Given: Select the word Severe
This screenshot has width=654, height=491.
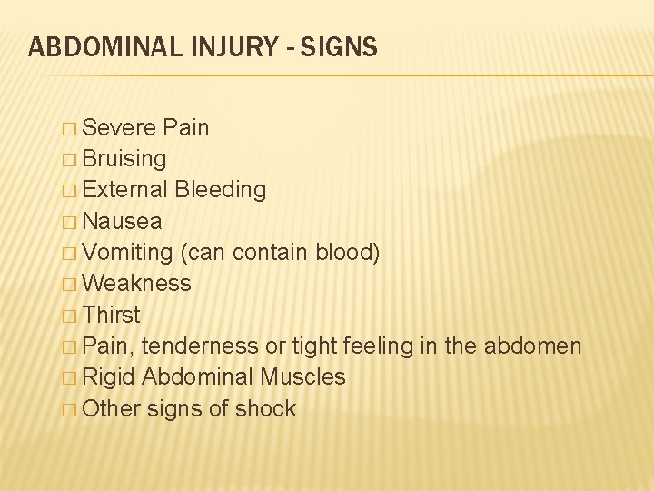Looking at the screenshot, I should (119, 128).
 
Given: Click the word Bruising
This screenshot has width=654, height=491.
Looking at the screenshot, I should (124, 159).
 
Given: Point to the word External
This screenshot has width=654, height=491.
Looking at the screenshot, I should (124, 190).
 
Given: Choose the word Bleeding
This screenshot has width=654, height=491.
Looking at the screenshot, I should (221, 190).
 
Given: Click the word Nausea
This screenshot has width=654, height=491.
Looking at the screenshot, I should (122, 221).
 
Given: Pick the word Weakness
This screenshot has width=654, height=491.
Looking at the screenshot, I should (136, 283).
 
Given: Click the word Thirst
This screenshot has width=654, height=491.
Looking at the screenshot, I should (111, 315).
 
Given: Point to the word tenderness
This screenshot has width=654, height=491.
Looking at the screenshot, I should (200, 346).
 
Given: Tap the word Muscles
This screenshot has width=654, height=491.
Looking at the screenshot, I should (302, 376).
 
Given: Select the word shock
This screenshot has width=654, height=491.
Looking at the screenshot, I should (265, 408).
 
